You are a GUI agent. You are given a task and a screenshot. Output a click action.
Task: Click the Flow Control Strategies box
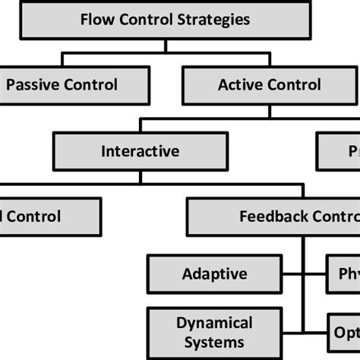[164, 20]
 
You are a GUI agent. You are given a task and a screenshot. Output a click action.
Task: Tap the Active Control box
[269, 85]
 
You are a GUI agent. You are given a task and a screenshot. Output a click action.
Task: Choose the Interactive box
[141, 151]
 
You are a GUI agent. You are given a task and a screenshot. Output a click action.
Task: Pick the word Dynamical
[214, 323]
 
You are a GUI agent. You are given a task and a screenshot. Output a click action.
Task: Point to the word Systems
[214, 342]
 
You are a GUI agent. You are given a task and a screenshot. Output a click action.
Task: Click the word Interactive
[141, 151]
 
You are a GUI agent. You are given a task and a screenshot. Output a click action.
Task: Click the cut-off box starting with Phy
[346, 273]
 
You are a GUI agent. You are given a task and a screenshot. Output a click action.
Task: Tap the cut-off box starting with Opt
[346, 333]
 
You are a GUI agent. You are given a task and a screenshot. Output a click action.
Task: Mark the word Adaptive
[215, 273]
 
